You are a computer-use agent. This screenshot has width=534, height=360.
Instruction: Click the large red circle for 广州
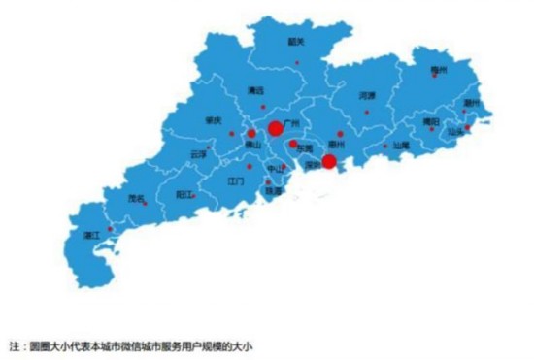(275, 128)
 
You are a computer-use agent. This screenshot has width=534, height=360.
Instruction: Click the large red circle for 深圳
(329, 161)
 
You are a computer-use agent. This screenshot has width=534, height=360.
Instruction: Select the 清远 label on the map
(256, 91)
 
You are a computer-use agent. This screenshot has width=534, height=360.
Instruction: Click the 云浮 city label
(198, 153)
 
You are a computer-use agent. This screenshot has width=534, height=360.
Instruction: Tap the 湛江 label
(93, 235)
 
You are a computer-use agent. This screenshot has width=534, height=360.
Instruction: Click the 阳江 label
(182, 194)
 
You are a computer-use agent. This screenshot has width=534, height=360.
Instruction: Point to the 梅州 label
(439, 70)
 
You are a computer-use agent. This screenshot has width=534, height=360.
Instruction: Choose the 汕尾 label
(400, 146)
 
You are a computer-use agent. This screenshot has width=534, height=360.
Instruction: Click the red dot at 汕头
(468, 127)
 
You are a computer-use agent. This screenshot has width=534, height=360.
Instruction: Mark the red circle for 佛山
(251, 133)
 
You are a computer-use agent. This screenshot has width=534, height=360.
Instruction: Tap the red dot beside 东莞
(293, 144)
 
